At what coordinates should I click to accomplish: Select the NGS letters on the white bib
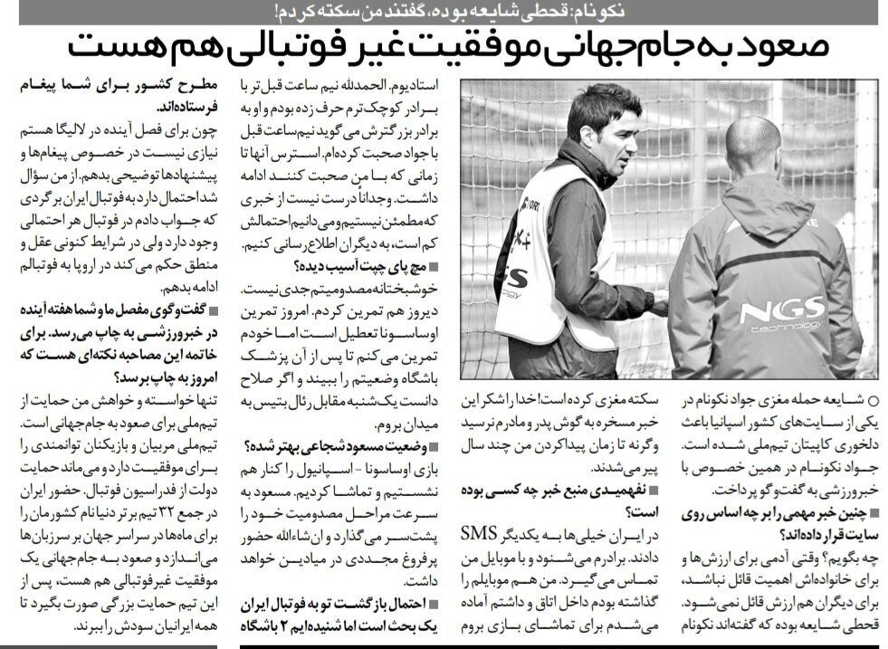coord(516,277)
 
